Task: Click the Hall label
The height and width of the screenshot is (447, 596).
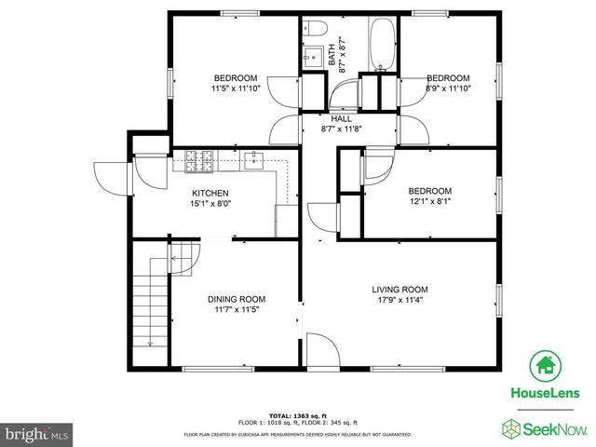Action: (342, 119)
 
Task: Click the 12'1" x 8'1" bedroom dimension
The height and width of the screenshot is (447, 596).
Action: (429, 201)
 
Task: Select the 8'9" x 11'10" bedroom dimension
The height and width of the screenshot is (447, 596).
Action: (448, 89)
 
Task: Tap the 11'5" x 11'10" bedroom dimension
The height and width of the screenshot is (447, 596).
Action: (235, 89)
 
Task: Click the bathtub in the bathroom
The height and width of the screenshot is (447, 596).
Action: (382, 45)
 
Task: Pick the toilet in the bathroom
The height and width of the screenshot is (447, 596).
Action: (314, 28)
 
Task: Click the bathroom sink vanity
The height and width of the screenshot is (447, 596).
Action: (314, 56)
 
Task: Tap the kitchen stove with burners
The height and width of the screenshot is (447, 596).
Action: (199, 163)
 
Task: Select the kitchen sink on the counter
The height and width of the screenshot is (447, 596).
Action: (254, 161)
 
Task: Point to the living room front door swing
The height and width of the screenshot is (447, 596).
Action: (323, 352)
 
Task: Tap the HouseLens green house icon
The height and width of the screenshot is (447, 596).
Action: (544, 365)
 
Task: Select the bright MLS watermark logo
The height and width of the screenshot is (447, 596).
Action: (37, 433)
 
